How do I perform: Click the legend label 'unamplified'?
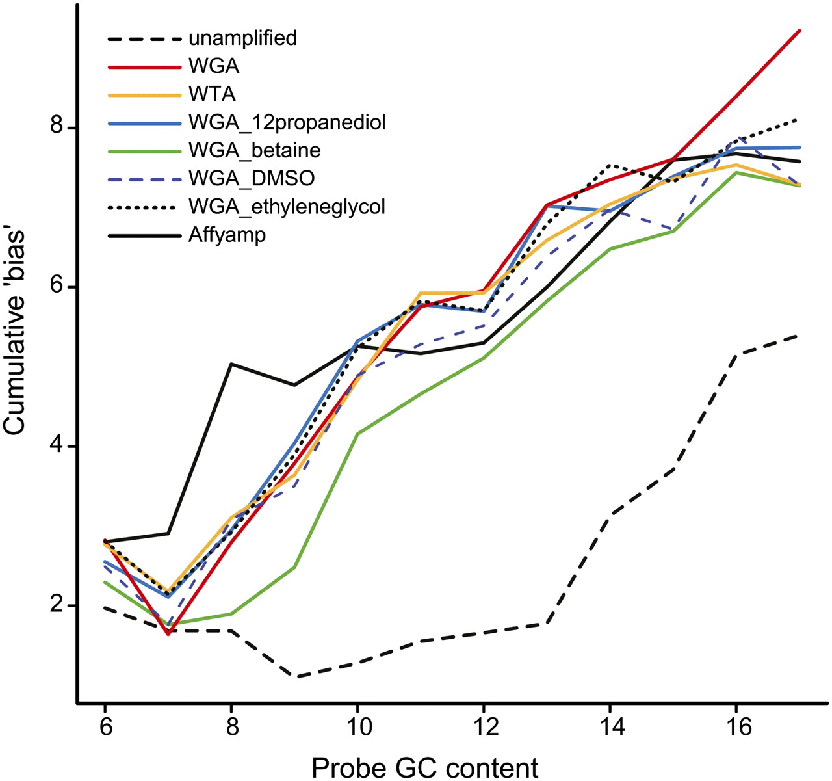(x=242, y=38)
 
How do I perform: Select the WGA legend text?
(x=214, y=66)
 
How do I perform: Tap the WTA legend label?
(x=212, y=94)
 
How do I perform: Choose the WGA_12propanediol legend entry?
(x=287, y=122)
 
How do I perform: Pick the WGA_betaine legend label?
(x=254, y=150)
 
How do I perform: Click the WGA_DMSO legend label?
(x=251, y=178)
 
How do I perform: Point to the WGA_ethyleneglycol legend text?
(x=287, y=207)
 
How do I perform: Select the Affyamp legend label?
(x=227, y=235)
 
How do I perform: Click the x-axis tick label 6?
(x=105, y=726)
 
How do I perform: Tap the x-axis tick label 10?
(x=357, y=726)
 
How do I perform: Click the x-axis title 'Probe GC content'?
(x=425, y=767)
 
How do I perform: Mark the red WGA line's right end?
(x=799, y=31)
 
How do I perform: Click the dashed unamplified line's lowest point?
(x=296, y=677)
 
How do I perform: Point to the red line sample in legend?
(x=144, y=66)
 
